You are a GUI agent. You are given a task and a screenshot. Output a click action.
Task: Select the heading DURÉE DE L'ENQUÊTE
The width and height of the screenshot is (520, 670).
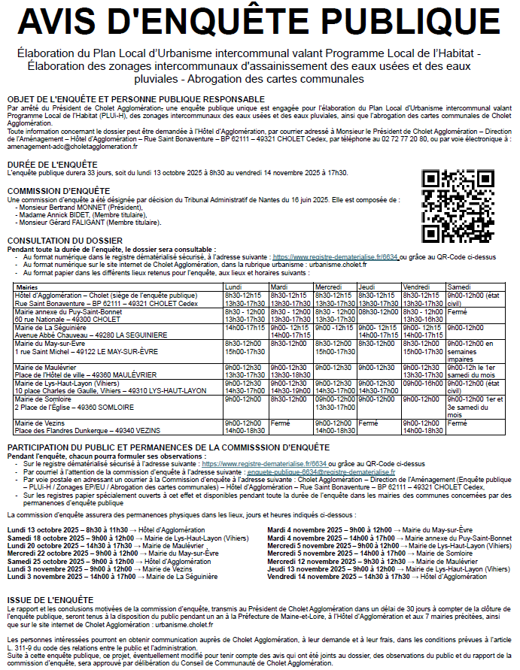51,163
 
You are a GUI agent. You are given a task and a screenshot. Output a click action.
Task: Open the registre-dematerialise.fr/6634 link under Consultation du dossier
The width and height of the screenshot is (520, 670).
335,256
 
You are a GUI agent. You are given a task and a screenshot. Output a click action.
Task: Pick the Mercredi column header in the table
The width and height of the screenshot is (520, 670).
329,287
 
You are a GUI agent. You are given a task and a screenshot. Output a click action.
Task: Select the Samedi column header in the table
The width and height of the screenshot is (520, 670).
458,287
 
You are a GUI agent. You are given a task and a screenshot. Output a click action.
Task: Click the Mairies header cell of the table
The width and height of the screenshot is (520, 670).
27,287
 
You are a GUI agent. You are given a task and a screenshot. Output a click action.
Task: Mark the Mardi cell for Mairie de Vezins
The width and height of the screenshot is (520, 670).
279,424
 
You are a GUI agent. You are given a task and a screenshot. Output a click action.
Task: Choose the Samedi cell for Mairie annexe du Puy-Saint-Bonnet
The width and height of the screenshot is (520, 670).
457,311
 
